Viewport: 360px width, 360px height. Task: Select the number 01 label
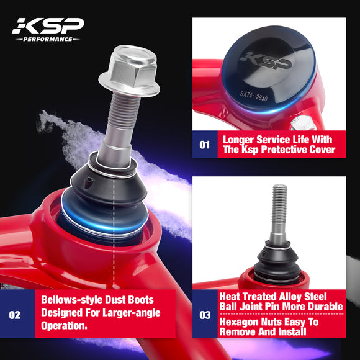click(205, 144)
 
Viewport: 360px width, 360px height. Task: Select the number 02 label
click(15, 314)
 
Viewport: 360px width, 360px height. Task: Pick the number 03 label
click(205, 315)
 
